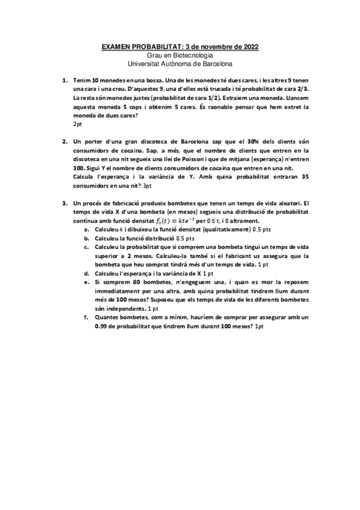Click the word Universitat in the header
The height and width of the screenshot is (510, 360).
[x=145, y=63]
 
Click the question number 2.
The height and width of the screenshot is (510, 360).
[x=64, y=142]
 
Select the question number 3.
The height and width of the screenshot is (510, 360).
[x=64, y=204]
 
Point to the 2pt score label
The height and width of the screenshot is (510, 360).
[x=78, y=123]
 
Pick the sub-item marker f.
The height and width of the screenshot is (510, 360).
[x=87, y=317]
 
